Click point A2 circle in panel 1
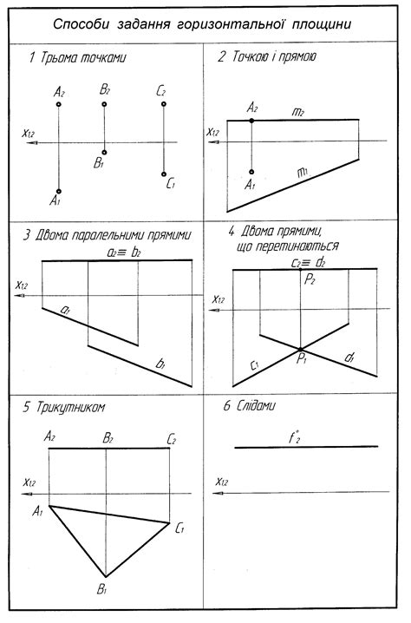click(x=58, y=104)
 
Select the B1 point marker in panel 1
click(x=104, y=150)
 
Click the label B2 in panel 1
click(x=104, y=90)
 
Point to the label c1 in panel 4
click(x=258, y=364)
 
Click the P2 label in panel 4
click(x=309, y=279)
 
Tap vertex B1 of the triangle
click(x=106, y=576)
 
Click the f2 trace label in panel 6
click(x=295, y=437)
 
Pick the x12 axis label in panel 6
click(x=224, y=482)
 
